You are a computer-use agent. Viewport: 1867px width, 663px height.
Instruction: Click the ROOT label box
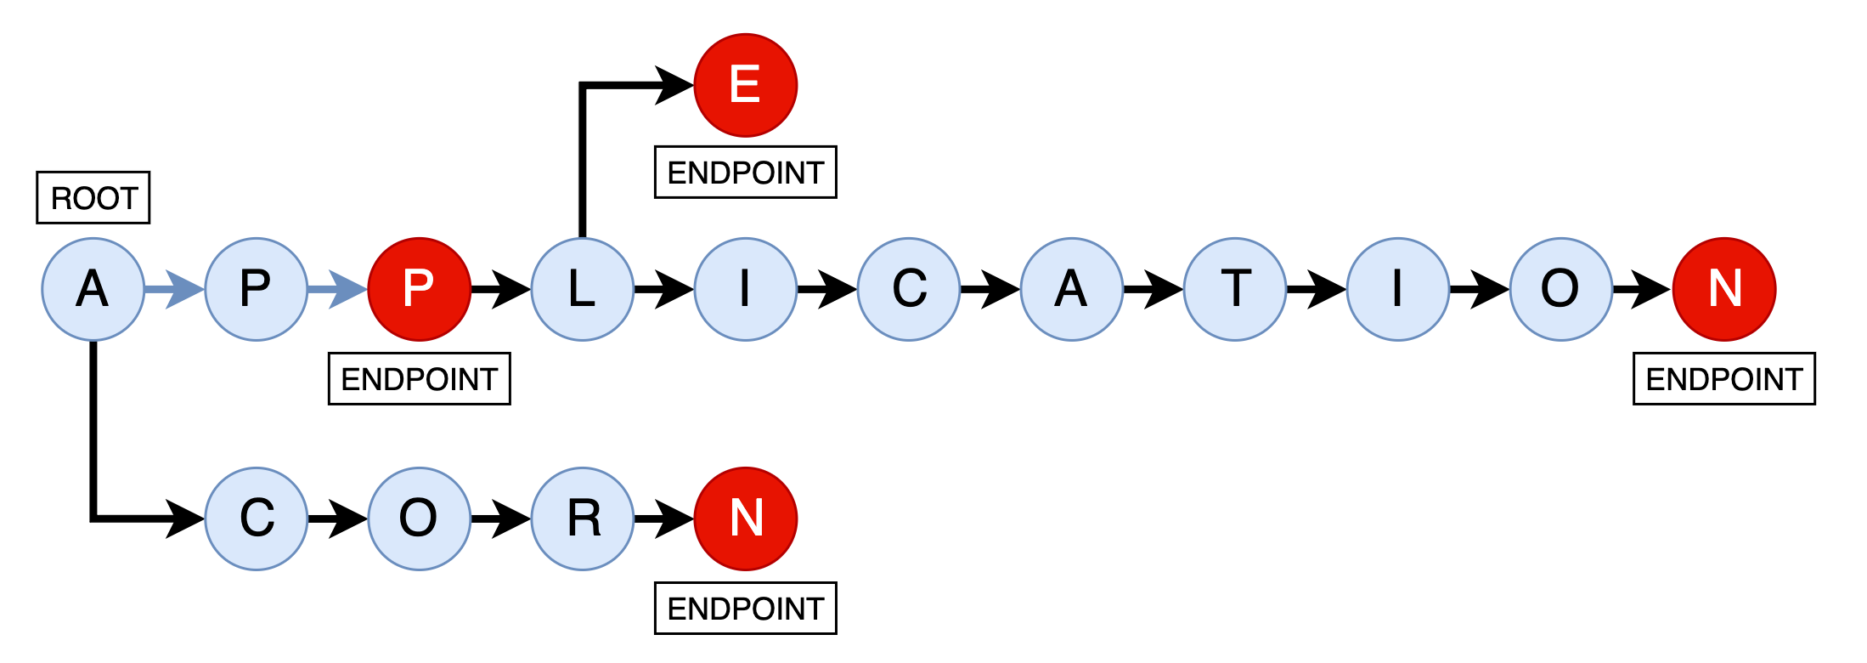[x=93, y=197]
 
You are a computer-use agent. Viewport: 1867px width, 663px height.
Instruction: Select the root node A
[x=93, y=289]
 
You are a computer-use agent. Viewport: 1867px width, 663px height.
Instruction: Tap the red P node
[x=419, y=289]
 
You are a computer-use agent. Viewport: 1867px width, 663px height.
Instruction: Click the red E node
[x=745, y=85]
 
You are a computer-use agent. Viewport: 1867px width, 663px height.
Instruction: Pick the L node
[x=582, y=289]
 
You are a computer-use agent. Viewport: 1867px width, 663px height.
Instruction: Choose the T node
[x=1234, y=289]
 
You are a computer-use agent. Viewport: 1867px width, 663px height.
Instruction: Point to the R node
[x=582, y=518]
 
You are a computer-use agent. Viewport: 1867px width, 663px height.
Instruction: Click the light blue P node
[x=256, y=289]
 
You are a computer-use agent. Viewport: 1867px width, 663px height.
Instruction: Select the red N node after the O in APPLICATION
[x=1723, y=289]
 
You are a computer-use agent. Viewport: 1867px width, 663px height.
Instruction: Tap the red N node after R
[x=745, y=518]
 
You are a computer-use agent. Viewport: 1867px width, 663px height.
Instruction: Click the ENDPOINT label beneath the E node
[x=745, y=173]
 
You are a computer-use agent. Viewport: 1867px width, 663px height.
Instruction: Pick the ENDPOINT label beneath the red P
[x=419, y=379]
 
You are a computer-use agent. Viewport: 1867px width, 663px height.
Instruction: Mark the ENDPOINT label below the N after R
[x=745, y=609]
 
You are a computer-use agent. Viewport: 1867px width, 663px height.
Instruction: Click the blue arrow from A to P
[x=174, y=289]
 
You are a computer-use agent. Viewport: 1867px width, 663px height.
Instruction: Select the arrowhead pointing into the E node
[x=675, y=85]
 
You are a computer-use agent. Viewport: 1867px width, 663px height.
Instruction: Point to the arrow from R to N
[x=664, y=518]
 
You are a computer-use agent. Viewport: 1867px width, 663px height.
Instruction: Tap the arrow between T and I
[x=1317, y=289]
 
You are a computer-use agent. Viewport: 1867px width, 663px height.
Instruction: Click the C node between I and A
[x=908, y=289]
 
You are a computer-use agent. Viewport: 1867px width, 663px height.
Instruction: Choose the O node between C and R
[x=419, y=518]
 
